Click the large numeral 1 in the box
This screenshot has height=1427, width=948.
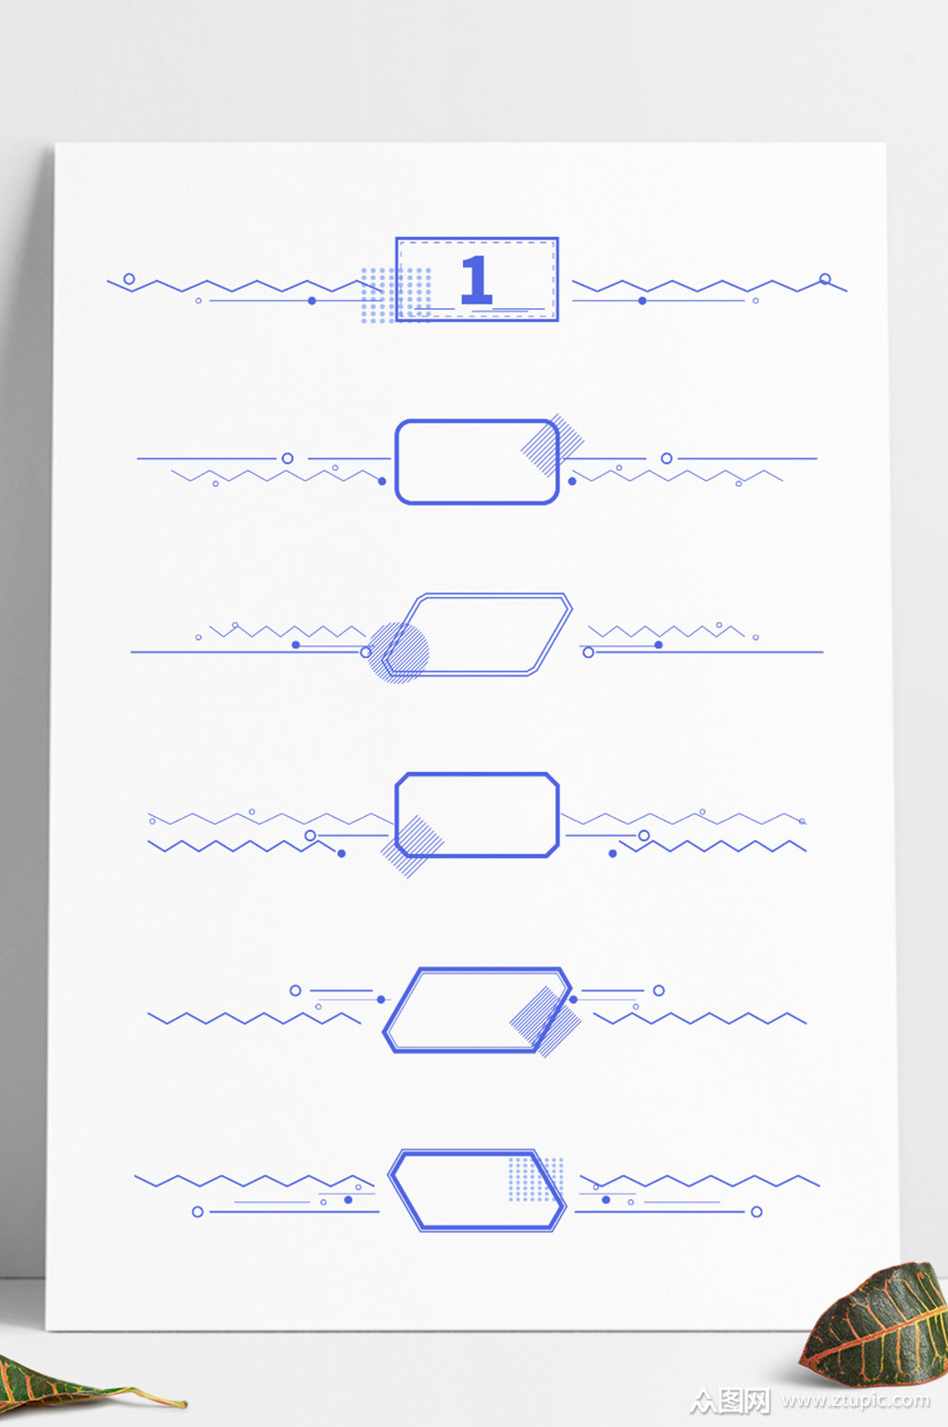(x=477, y=279)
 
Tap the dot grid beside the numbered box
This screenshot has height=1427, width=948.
(x=395, y=295)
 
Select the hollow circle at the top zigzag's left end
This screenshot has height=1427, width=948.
(x=129, y=279)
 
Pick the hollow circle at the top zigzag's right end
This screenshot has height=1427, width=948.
(x=825, y=279)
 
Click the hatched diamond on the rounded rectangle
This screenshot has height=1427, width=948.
(x=553, y=445)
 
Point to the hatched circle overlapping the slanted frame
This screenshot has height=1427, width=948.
(x=398, y=653)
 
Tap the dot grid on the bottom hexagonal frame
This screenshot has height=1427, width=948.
(x=536, y=1179)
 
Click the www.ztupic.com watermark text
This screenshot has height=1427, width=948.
(x=855, y=1400)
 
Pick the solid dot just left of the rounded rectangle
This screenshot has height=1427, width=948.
(x=381, y=481)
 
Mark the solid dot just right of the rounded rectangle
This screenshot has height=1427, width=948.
(x=572, y=481)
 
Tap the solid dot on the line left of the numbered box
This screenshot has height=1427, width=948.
(x=312, y=301)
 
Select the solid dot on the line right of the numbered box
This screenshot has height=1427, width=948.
(x=642, y=301)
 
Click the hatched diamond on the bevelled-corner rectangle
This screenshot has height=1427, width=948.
(x=412, y=847)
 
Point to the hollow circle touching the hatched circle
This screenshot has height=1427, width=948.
(x=366, y=652)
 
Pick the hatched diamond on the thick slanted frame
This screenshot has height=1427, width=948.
(x=545, y=1022)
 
